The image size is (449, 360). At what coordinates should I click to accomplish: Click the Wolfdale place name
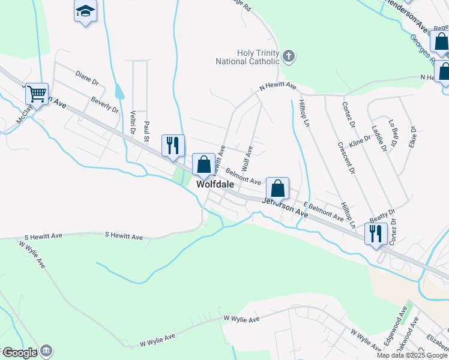(214, 185)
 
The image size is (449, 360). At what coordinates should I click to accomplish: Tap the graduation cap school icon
(85, 11)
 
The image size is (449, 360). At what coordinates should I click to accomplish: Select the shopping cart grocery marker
(37, 94)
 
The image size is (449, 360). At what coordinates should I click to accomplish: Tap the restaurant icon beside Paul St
(173, 146)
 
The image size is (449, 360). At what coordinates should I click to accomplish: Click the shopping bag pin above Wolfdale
(203, 164)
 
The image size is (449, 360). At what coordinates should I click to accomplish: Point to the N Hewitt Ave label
(278, 87)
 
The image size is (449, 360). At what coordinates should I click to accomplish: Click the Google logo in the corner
(19, 353)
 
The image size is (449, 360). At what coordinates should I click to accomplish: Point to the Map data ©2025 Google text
(412, 355)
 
